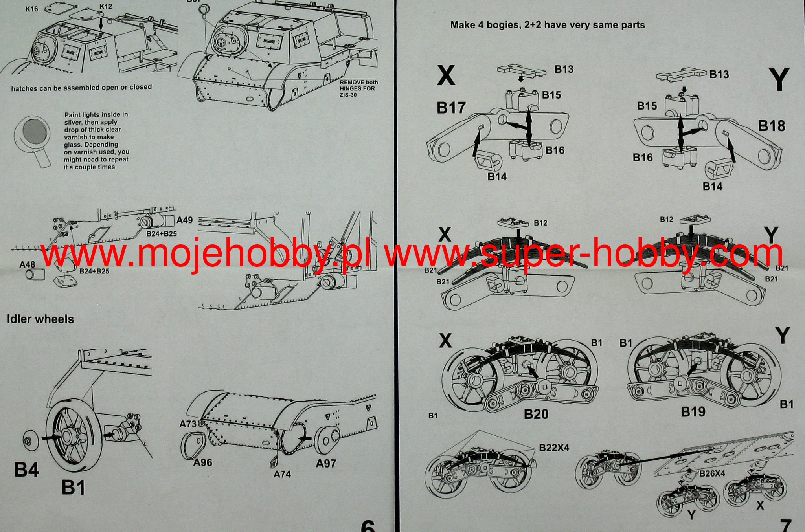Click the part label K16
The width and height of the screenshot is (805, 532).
click(32, 9)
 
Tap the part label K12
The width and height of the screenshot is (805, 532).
click(106, 7)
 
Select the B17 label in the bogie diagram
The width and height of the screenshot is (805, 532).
click(451, 108)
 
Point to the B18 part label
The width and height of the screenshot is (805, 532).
click(772, 126)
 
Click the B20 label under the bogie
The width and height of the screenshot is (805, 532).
click(536, 414)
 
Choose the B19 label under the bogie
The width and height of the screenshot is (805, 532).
click(693, 412)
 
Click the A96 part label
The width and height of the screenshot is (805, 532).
click(202, 462)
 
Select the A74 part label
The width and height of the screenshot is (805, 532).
click(282, 474)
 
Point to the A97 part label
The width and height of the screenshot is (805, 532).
click(326, 464)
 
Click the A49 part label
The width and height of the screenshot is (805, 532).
click(185, 220)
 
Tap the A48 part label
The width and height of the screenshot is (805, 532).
click(27, 265)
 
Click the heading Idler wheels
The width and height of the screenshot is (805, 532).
click(40, 319)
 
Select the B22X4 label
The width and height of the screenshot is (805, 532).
click(554, 448)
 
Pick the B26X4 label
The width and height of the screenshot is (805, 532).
click(712, 473)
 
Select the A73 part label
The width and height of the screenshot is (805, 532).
click(187, 424)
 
